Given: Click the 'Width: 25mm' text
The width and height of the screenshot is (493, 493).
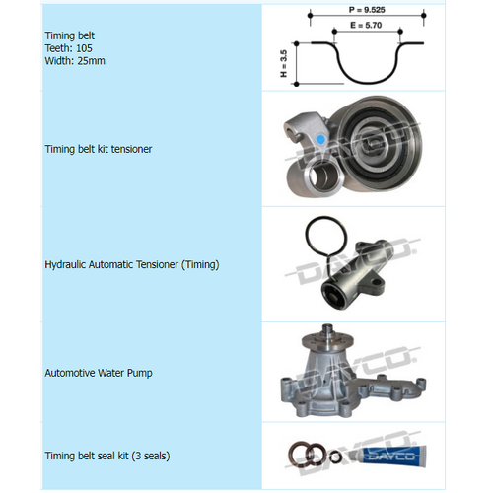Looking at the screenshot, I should tap(75, 60).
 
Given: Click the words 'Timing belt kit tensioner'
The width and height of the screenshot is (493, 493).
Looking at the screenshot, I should tap(99, 149).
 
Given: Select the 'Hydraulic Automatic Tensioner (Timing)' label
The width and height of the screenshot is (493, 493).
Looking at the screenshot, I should tap(132, 264).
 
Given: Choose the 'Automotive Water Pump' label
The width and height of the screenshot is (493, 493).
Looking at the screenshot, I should tap(99, 374).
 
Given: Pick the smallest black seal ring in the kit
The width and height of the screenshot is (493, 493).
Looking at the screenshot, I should tap(339, 455).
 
